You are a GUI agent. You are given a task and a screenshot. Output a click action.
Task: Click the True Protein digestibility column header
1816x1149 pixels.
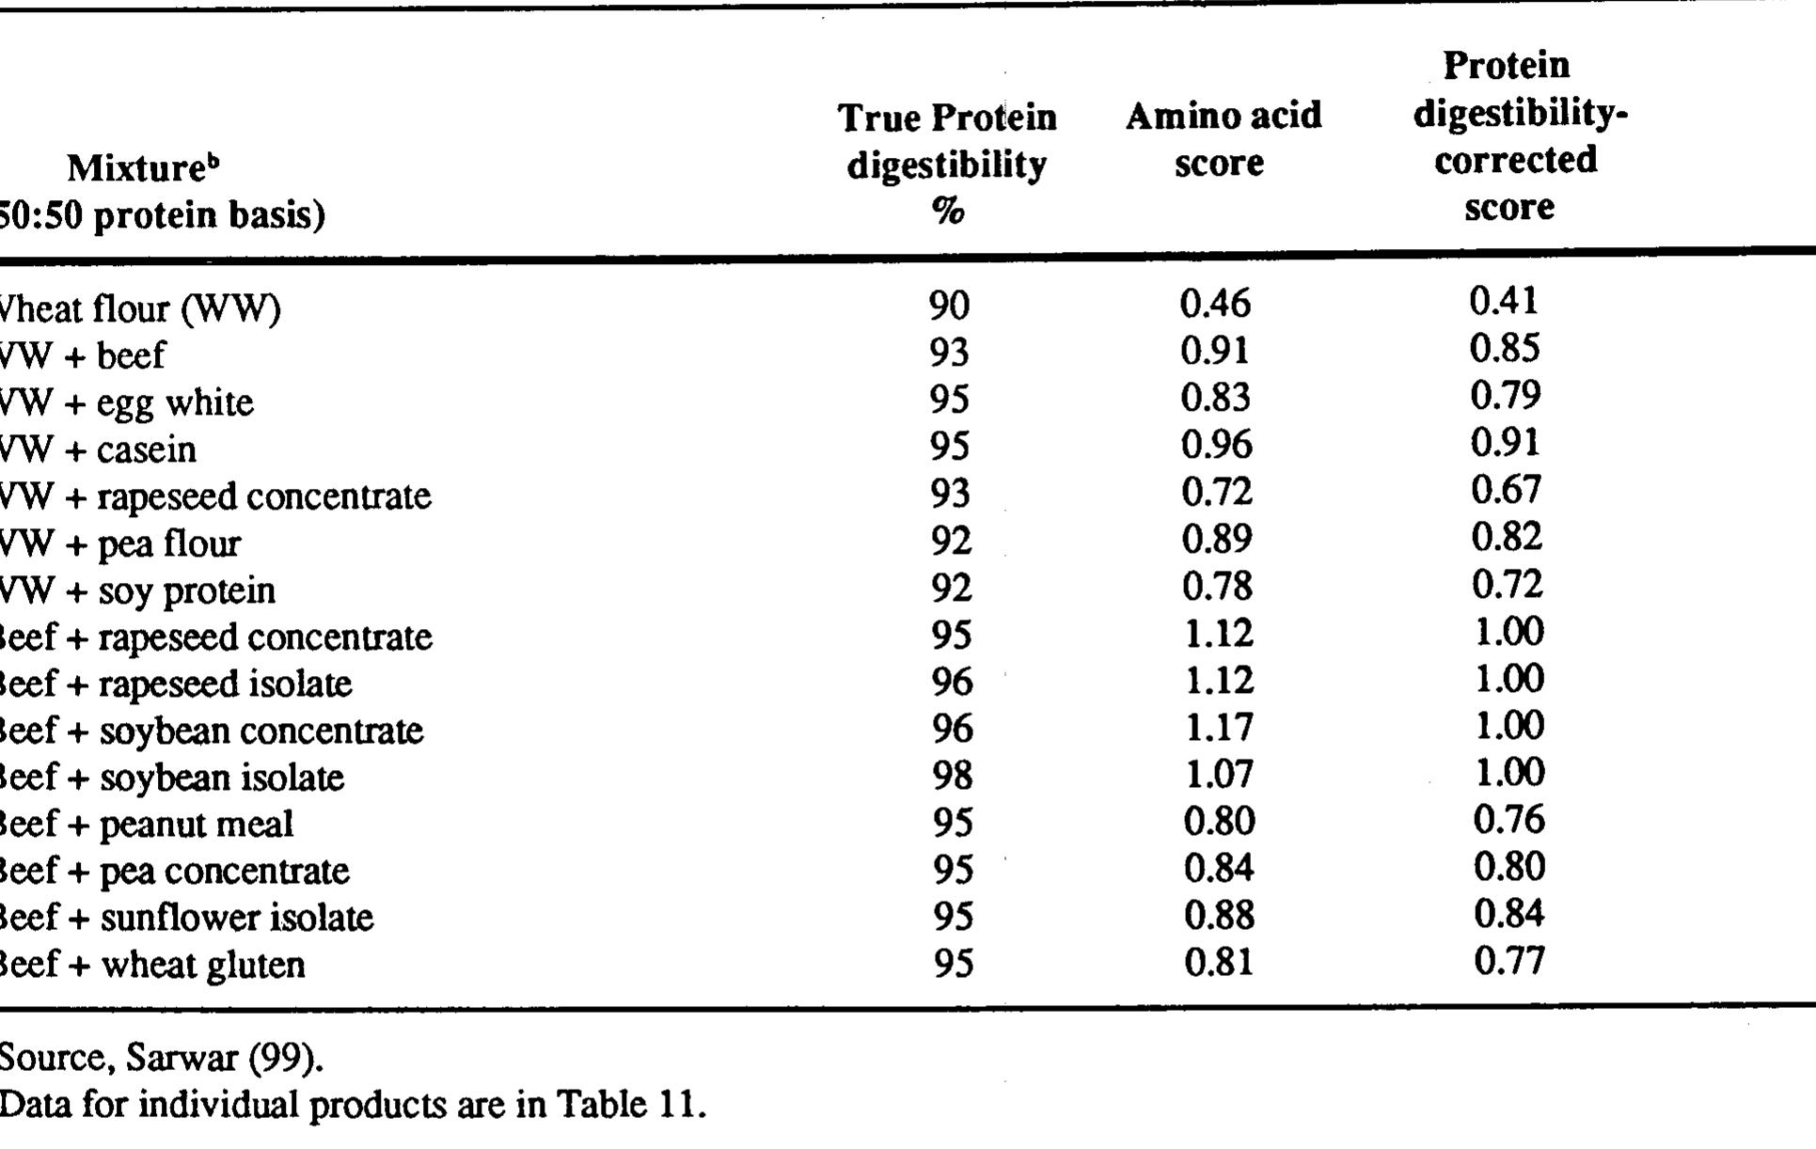[x=947, y=164]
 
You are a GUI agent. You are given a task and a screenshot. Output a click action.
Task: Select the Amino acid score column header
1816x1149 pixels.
[x=1223, y=139]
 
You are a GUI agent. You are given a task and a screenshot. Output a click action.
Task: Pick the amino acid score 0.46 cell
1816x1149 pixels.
[x=1216, y=303]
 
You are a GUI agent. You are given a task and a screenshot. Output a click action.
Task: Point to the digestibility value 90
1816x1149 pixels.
[x=949, y=305]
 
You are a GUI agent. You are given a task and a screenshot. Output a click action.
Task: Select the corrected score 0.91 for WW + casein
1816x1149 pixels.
[x=1506, y=442]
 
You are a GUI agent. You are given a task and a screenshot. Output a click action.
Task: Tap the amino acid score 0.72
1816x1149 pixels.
[x=1217, y=492]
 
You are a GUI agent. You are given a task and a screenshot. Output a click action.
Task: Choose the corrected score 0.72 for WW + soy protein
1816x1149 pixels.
[x=1508, y=585]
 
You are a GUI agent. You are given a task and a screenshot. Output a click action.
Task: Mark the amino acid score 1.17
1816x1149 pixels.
[x=1219, y=728]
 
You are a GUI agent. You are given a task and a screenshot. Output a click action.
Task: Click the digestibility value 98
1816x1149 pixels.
[x=952, y=775]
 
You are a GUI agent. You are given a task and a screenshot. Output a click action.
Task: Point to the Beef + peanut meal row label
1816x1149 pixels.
[x=145, y=824]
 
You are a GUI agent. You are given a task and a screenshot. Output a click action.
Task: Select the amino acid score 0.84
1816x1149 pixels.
[x=1219, y=868]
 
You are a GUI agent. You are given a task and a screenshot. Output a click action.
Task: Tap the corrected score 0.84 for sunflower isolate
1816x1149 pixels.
[x=1509, y=914]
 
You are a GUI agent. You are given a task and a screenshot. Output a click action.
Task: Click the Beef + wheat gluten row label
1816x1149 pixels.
[x=151, y=965]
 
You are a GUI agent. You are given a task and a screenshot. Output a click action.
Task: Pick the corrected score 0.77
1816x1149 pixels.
[x=1509, y=961]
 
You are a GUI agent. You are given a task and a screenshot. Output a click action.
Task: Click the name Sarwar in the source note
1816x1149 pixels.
[x=182, y=1059]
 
